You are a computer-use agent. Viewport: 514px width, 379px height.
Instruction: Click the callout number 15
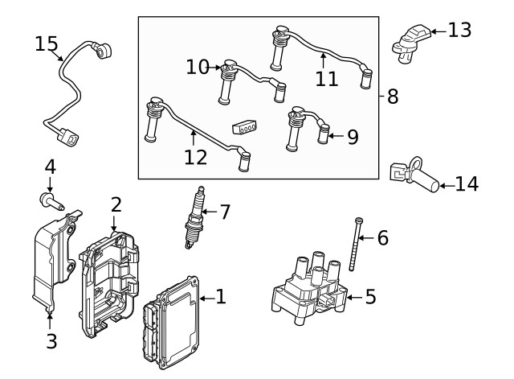pos(47,43)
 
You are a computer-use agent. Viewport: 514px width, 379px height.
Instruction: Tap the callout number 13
pos(459,31)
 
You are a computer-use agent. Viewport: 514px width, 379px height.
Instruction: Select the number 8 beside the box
pos(392,97)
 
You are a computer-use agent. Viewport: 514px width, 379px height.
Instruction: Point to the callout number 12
pos(195,157)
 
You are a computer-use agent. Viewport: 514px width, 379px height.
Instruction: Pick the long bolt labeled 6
pos(355,245)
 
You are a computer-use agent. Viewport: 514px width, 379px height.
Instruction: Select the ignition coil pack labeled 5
pos(309,290)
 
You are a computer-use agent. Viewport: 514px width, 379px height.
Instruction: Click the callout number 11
pos(326,78)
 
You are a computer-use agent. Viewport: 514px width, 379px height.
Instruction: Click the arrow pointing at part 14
pos(447,185)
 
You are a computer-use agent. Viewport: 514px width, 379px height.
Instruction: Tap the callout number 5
pos(370,297)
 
